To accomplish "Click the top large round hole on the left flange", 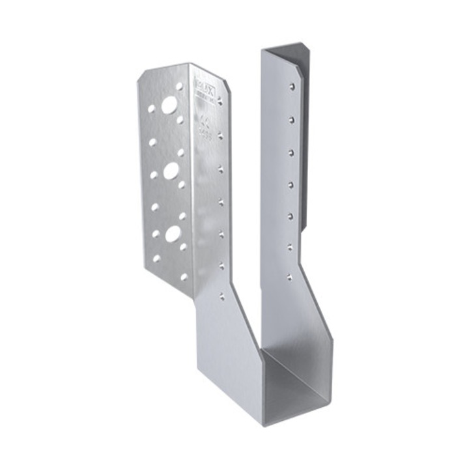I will tap(169, 105).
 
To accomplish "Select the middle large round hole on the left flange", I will tap(171, 171).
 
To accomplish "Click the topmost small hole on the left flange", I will tap(180, 86).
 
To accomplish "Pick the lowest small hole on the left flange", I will tap(184, 277).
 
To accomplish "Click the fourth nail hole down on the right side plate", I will tap(291, 184).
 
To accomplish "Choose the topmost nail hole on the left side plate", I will tap(220, 101).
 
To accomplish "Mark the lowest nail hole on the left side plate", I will tap(222, 296).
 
